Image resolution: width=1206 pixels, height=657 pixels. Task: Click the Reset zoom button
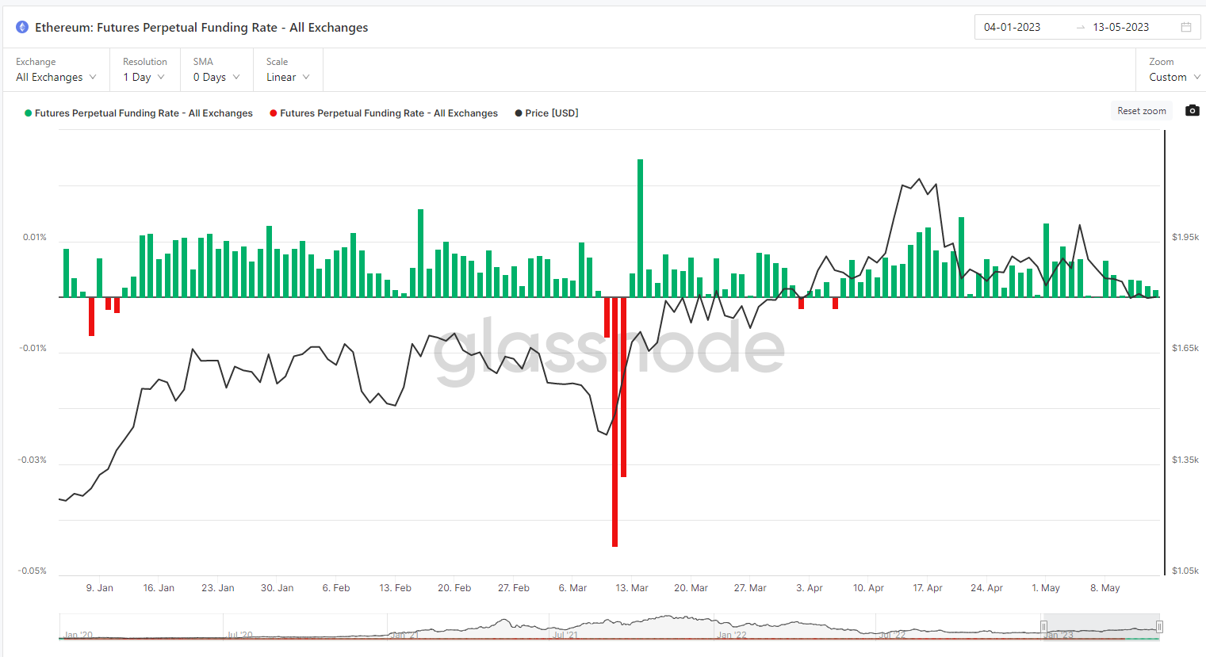pos(1141,111)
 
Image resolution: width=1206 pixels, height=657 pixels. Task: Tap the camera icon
pos(1192,110)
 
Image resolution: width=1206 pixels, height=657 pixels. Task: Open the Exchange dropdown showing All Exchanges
pos(56,77)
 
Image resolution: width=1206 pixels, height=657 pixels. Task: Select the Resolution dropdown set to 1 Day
pos(144,77)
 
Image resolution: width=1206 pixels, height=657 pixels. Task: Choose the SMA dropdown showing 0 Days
pos(216,77)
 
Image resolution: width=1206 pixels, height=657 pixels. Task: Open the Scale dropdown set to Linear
pos(287,77)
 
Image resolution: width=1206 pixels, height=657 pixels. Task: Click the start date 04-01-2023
pos(1012,27)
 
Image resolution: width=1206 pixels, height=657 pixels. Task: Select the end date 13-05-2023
pos(1120,27)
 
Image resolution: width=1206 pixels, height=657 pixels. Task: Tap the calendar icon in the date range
pos(1186,27)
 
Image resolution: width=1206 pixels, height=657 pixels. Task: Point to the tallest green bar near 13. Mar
pos(640,228)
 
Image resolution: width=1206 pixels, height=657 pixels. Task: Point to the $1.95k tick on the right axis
pos(1185,237)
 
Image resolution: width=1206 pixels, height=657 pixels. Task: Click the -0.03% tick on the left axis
pos(33,460)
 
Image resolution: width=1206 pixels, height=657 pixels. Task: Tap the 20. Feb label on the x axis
pos(454,588)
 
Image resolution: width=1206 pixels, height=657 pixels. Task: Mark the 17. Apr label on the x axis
pos(928,588)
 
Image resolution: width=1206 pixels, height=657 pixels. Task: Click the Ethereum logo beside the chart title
pos(22,27)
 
